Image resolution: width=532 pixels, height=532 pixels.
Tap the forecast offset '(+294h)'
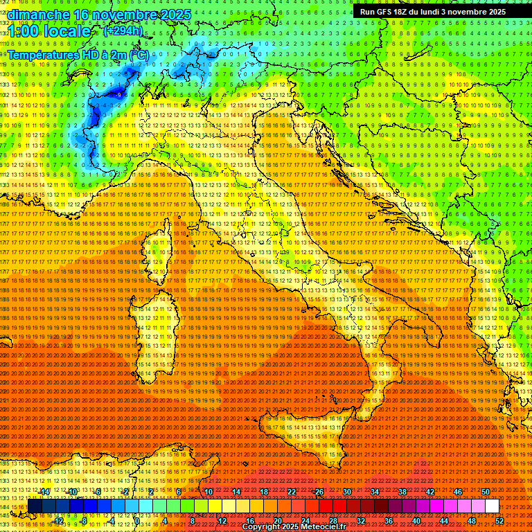click(123, 30)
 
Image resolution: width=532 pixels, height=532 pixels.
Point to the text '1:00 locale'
click(50, 31)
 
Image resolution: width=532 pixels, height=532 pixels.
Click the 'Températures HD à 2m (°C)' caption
click(78, 54)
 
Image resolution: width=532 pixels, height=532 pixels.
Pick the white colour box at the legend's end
click(492, 506)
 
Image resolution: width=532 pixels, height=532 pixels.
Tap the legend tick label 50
click(486, 492)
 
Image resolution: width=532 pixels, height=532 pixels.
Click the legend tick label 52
click(499, 521)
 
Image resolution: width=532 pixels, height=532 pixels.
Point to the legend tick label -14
click(44, 492)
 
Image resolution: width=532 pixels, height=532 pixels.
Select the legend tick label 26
click(319, 492)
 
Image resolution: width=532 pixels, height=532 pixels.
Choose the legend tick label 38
click(402, 492)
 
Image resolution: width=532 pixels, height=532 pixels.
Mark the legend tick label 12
click(222, 521)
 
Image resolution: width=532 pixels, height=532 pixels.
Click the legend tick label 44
click(444, 521)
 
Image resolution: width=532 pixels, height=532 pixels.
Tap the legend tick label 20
click(278, 521)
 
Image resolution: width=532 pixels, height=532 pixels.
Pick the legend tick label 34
click(375, 492)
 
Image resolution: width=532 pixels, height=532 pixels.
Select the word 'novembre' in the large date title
click(123, 15)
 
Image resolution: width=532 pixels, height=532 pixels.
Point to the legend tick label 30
click(347, 492)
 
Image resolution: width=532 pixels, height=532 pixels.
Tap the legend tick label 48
click(472, 521)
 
